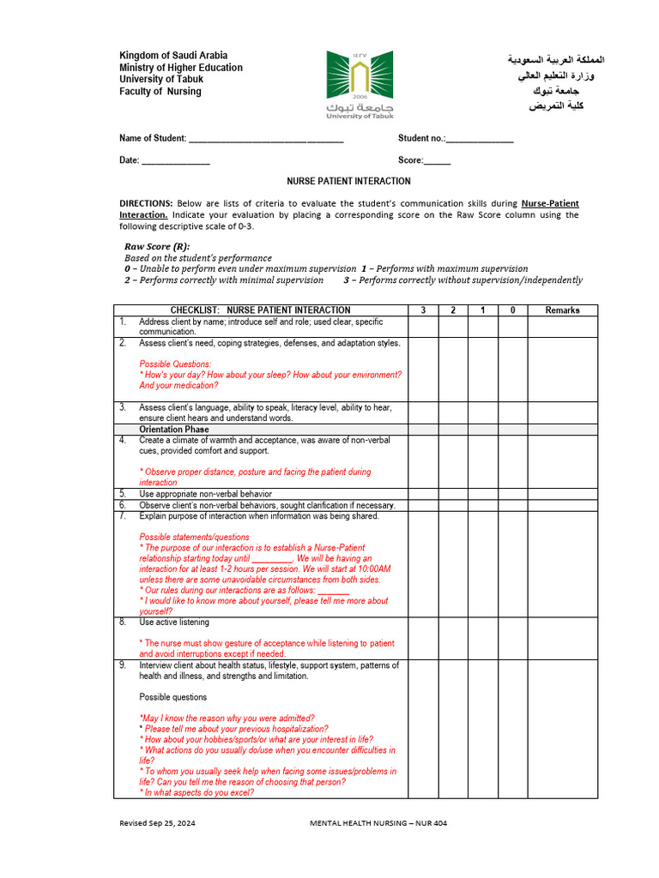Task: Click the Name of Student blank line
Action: point(265,139)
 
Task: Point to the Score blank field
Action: point(437,161)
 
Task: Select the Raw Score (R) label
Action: point(157,247)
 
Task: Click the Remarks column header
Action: point(562,310)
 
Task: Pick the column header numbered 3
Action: point(423,310)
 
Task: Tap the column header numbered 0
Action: point(512,310)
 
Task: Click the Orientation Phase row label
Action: point(173,430)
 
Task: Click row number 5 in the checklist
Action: point(123,494)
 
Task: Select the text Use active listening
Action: point(174,622)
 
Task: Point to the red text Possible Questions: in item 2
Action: point(175,364)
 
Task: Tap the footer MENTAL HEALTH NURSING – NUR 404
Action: point(378,824)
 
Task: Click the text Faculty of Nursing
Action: point(160,92)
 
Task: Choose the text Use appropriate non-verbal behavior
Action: point(205,494)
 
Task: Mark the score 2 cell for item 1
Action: point(453,327)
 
